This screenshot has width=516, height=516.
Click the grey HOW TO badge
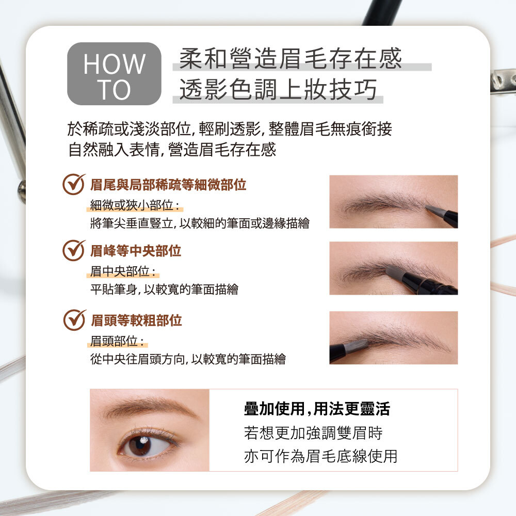114,74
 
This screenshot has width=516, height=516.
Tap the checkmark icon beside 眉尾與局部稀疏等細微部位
74,184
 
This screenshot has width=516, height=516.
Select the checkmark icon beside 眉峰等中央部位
74,251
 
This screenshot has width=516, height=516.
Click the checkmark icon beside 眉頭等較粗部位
74,320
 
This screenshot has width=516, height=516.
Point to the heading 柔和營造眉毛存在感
290,59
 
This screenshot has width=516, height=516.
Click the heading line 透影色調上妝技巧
278,89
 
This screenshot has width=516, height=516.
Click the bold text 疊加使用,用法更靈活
317,409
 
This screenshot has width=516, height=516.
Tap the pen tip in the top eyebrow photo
434,211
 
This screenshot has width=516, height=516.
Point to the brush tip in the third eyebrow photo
357,345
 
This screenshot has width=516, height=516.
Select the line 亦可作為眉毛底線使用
320,457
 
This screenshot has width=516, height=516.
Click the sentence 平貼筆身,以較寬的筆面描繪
164,289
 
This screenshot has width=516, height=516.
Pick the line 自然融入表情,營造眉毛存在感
172,150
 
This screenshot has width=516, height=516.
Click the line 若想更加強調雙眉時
313,433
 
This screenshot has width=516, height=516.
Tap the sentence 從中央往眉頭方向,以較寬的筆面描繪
188,359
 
